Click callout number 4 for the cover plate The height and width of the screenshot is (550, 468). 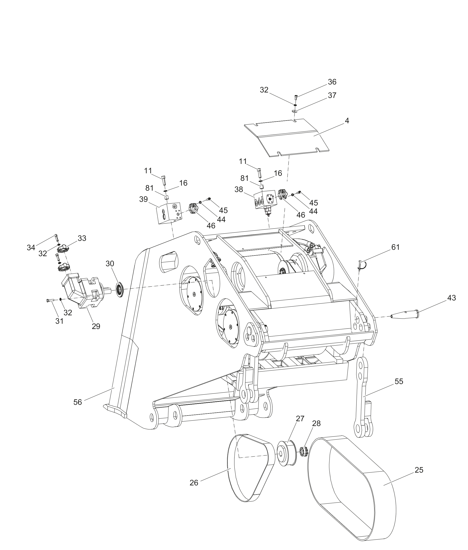pos(347,121)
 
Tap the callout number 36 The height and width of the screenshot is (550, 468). pos(332,82)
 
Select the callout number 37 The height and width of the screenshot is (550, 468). pos(332,95)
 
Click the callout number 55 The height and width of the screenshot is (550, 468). pos(399,382)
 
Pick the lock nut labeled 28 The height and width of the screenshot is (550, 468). pos(303,451)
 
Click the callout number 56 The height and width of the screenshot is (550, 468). pos(77,402)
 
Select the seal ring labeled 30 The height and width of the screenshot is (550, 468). pos(120,290)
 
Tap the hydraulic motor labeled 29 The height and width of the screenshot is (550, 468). pos(82,292)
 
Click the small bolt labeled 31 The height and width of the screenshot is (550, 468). pos(50,300)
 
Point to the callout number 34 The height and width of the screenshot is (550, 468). pos(31,247)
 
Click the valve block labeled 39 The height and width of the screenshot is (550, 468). pos(168,213)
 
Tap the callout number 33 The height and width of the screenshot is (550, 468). pos(82,238)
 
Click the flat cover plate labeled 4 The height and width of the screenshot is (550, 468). pos(287,138)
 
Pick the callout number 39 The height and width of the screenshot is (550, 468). pos(144,199)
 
